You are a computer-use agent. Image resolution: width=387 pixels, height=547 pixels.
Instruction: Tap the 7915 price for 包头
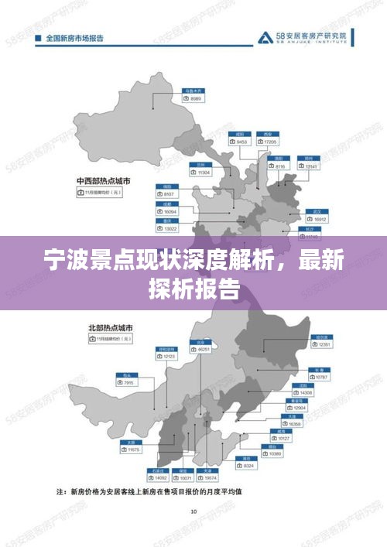coord(125,383)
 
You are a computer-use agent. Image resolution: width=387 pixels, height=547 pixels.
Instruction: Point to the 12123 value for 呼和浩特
coord(166,357)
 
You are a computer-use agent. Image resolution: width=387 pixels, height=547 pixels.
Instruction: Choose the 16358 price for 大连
coord(293,425)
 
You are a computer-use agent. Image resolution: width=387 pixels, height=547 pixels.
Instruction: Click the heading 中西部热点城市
coord(103,179)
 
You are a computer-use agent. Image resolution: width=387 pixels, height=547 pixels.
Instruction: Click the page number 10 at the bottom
coord(193,511)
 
